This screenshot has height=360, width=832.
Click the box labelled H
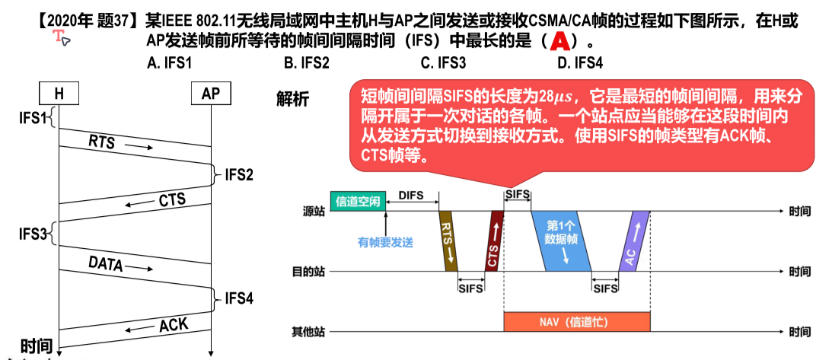[59, 94]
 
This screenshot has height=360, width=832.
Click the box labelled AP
[210, 94]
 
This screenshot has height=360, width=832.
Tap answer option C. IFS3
[443, 63]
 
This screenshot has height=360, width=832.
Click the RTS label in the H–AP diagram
[102, 142]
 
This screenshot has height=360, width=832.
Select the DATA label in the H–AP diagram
[106, 264]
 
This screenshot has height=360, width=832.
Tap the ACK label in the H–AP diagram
[173, 326]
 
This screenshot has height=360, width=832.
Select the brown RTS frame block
[448, 241]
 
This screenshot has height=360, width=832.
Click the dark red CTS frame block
[494, 241]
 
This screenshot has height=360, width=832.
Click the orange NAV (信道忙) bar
[576, 321]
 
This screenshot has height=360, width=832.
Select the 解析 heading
[293, 97]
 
